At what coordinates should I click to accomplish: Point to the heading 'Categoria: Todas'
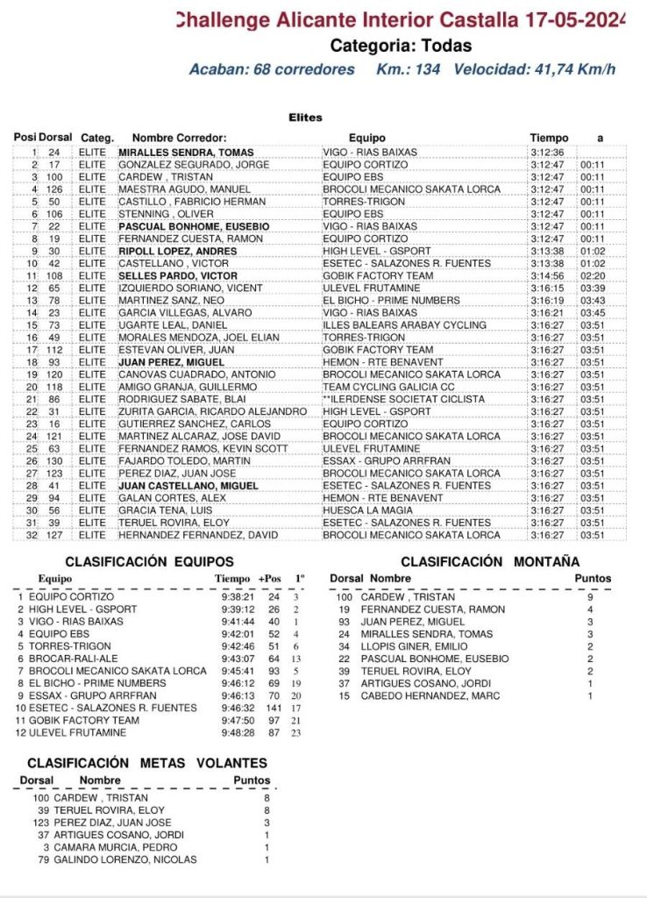[401, 46]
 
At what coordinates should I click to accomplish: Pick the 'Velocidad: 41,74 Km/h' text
[535, 70]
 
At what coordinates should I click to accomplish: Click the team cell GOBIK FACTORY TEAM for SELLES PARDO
[378, 275]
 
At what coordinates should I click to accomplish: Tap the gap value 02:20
[593, 275]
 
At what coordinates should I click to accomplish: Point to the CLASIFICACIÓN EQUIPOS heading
[150, 561]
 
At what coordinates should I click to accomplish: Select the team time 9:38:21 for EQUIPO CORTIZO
[234, 596]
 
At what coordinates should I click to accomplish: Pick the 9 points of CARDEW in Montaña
[590, 597]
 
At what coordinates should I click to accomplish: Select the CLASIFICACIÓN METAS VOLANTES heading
[147, 763]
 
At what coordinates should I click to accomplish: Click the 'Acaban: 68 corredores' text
[272, 70]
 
